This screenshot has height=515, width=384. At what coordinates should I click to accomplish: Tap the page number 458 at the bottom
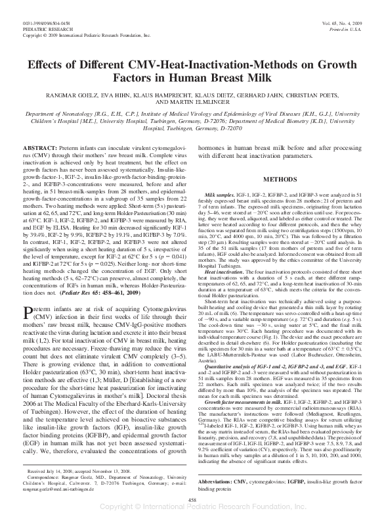pos(192,501)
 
